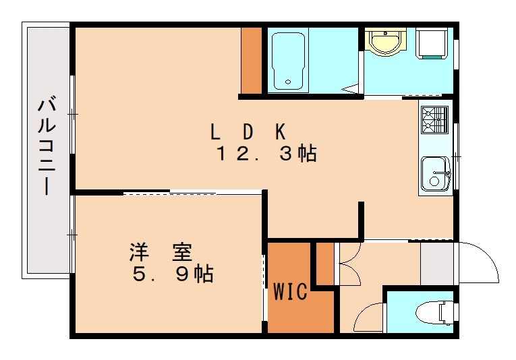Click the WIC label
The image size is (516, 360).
tap(291, 292)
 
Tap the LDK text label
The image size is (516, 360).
tap(250, 129)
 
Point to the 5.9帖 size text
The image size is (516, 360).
tap(173, 274)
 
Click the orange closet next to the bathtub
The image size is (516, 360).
tap(252, 61)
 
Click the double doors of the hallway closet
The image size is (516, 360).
tap(348, 265)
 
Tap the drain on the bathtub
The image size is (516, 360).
tap(289, 82)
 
